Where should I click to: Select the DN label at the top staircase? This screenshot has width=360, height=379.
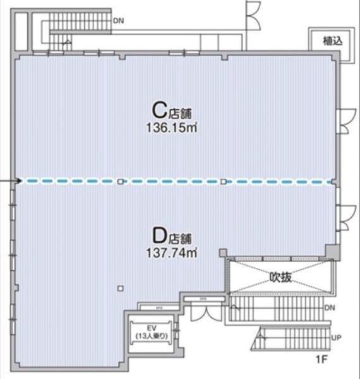click(119, 21)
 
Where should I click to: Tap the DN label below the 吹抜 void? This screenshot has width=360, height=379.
click(329, 308)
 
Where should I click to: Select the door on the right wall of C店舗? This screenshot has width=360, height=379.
click(346, 121)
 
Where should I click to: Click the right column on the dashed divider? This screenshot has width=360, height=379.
click(223, 182)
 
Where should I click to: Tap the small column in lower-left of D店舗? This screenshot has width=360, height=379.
click(119, 289)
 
